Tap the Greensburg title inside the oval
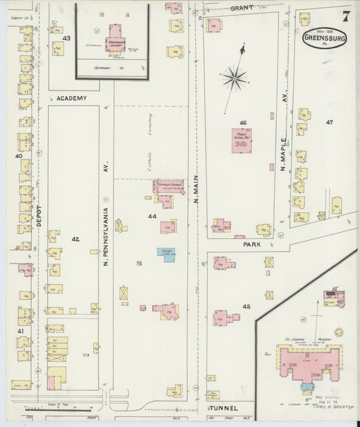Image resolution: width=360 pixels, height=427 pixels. point(326,39)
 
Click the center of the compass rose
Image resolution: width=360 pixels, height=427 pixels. point(234,78)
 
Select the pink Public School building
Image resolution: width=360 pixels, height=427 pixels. point(239,141)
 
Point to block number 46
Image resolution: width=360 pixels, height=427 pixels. point(242,123)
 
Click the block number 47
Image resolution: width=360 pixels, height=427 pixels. point(329,122)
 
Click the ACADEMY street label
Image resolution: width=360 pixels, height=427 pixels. point(72,98)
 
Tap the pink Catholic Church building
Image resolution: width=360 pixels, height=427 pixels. point(168,186)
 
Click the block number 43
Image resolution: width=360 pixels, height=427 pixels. point(66,39)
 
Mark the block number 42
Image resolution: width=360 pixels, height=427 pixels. point(75,239)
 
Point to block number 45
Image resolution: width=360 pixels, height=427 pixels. point(246,307)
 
